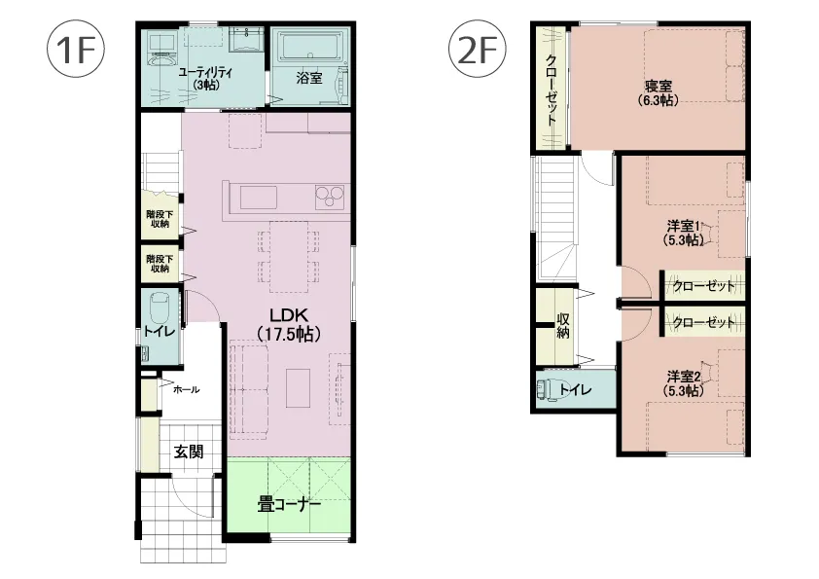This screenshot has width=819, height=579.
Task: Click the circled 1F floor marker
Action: point(76,50)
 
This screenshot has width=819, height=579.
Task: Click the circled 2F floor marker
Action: point(478,50)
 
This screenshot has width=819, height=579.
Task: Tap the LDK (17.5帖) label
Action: point(289,324)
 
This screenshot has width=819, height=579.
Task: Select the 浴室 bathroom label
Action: point(309,79)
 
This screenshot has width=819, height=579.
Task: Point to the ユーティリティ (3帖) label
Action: point(205,79)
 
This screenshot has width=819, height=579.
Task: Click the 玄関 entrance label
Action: point(189,452)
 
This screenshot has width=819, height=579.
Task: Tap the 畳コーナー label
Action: point(289,505)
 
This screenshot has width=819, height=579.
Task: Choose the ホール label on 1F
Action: point(186,389)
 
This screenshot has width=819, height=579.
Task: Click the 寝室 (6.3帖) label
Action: point(659,92)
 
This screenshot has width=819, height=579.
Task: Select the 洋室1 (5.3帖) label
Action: point(684,233)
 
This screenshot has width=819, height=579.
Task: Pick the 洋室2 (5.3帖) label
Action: point(684,383)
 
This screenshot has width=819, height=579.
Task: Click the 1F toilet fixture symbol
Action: point(159,309)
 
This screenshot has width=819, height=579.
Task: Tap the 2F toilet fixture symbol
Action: point(548,389)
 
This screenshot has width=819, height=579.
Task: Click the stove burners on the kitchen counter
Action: point(330,198)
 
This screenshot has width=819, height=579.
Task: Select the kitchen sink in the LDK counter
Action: point(259,198)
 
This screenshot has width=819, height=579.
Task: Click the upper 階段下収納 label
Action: point(160,219)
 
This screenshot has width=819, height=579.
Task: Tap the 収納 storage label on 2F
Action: point(562,324)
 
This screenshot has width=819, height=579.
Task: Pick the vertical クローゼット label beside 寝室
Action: point(552,90)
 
